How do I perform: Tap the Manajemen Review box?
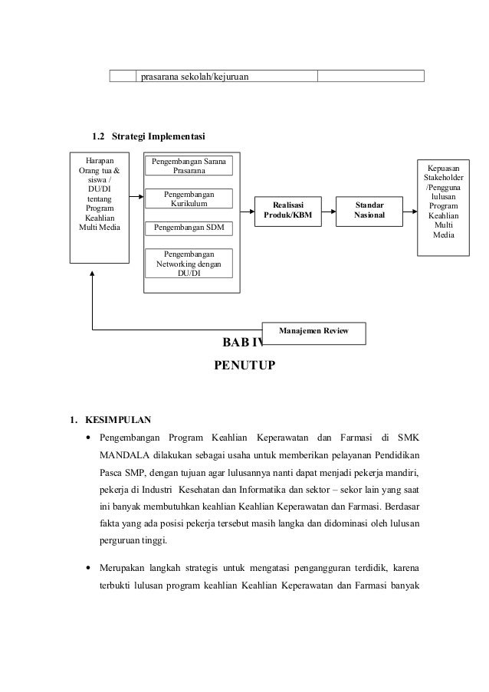coord(313,332)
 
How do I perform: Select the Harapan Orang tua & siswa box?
coord(99,207)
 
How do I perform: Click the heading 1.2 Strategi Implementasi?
coord(148,136)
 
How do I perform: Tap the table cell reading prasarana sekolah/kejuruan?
coord(195,76)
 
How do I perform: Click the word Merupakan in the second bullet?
coord(126,569)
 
